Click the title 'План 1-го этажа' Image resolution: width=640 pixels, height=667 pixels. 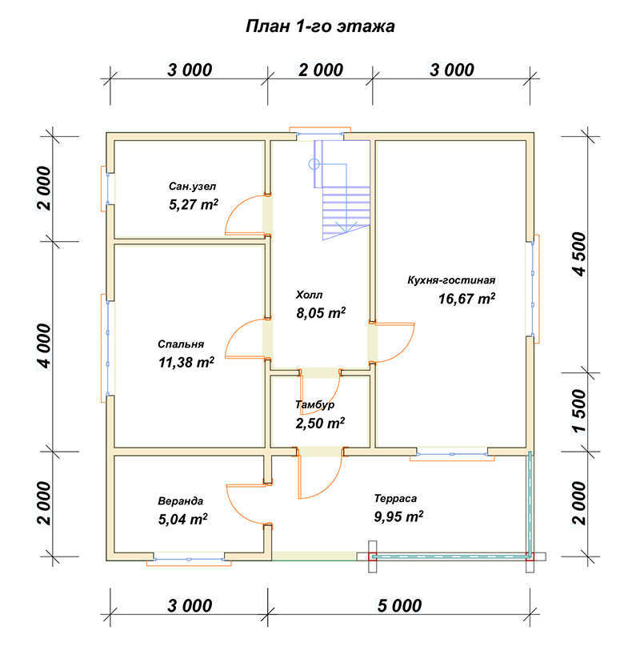click(x=320, y=26)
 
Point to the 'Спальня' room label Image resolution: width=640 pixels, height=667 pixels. click(x=181, y=344)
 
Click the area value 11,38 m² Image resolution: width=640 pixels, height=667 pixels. click(x=186, y=362)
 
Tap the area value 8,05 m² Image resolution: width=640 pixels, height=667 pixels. click(x=320, y=312)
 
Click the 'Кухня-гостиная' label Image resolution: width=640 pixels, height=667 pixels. click(x=451, y=280)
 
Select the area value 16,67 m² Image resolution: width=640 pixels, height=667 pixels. click(x=466, y=299)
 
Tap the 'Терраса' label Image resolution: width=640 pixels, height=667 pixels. click(x=396, y=497)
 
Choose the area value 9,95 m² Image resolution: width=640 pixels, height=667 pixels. click(x=398, y=516)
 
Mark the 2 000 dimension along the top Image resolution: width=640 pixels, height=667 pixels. click(x=320, y=70)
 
